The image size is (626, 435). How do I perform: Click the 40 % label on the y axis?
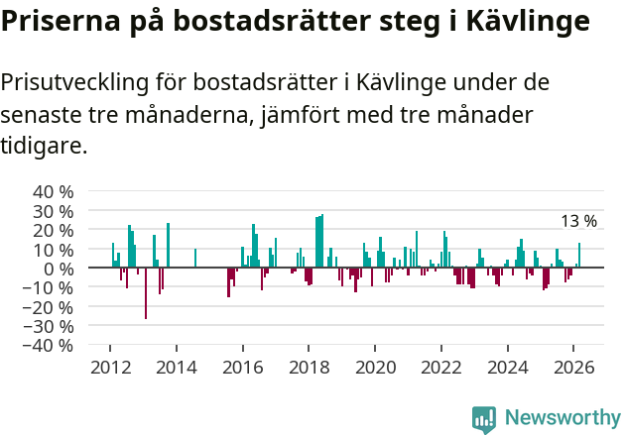[54, 191]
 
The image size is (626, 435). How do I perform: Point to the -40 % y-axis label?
[50, 345]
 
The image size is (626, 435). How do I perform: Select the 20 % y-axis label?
[54, 230]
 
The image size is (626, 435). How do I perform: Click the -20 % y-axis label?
[50, 307]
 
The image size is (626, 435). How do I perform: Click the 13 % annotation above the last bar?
[579, 221]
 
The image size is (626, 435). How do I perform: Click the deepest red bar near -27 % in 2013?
[146, 293]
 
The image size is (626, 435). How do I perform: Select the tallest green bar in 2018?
[322, 241]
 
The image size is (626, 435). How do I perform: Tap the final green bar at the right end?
[579, 256]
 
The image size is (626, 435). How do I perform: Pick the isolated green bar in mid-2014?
[195, 258]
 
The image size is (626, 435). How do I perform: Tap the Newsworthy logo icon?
[484, 418]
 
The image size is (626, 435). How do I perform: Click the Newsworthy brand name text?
[563, 418]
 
